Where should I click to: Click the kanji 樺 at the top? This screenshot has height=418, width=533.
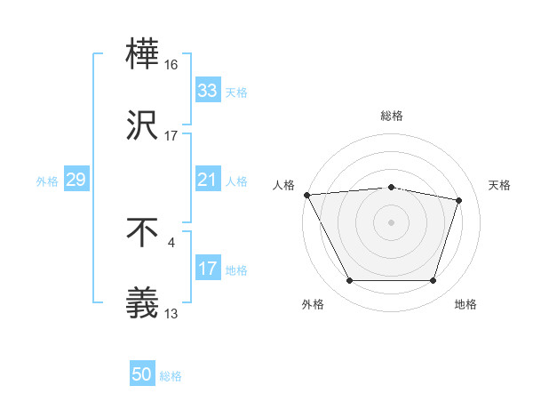(x=143, y=55)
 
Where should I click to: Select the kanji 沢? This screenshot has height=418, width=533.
(x=143, y=125)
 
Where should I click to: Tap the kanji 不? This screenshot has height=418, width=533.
(x=143, y=232)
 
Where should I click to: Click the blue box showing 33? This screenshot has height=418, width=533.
(x=207, y=91)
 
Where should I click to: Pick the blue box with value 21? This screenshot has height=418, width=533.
(x=207, y=180)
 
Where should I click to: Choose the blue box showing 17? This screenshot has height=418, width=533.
(x=207, y=269)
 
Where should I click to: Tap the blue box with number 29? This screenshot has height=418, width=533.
(x=76, y=180)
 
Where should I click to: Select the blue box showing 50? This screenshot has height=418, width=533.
(x=142, y=375)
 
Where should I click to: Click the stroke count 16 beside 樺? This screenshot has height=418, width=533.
(x=171, y=65)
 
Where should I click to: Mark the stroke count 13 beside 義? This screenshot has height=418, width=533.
(x=171, y=313)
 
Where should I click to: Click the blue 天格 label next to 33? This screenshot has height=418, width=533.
(x=235, y=92)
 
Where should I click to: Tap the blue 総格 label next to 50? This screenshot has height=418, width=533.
(x=171, y=376)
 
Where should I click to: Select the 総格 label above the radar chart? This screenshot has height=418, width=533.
(x=392, y=116)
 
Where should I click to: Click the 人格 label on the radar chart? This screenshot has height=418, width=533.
(x=284, y=185)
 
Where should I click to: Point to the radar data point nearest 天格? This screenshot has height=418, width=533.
(x=458, y=200)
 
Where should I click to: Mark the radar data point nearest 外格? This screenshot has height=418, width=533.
(x=349, y=281)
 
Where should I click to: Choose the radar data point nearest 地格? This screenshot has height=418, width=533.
(x=433, y=281)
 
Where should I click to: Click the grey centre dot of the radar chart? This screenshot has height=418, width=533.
(x=391, y=222)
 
